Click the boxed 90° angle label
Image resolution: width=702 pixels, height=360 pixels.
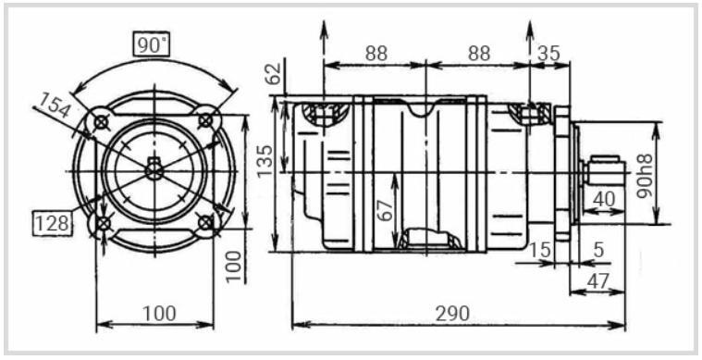[x=153, y=44]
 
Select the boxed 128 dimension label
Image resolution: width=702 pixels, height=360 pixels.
[x=53, y=222]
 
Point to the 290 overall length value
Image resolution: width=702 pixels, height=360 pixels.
[x=453, y=314]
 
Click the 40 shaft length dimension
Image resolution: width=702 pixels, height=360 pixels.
[x=604, y=199]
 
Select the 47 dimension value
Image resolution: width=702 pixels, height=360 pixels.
[x=598, y=281]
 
